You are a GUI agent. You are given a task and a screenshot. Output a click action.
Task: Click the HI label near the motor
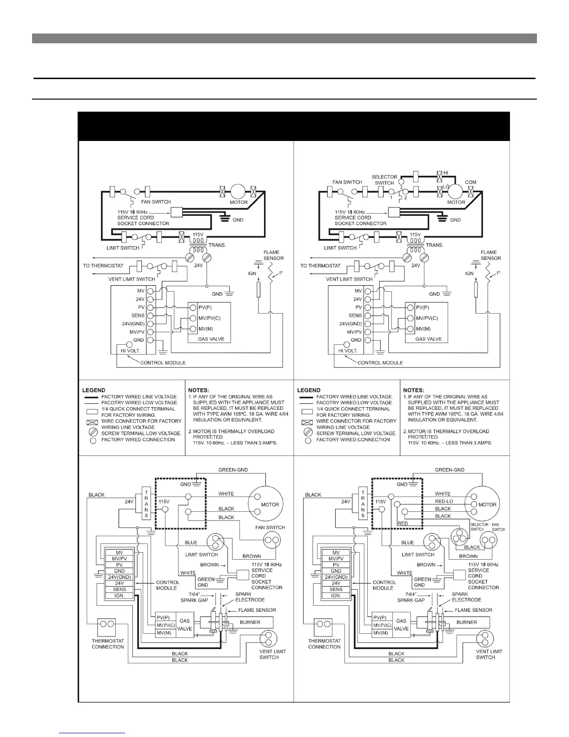click(445, 173)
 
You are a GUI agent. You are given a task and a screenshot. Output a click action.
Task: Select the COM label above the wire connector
click(470, 182)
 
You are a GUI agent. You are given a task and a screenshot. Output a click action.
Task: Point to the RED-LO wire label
click(444, 501)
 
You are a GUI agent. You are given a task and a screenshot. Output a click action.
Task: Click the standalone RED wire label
click(404, 523)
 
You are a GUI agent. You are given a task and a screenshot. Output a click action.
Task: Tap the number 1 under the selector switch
click(391, 198)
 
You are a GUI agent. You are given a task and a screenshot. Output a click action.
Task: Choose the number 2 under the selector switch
click(405, 198)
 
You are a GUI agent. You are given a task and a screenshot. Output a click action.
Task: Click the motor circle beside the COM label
click(456, 191)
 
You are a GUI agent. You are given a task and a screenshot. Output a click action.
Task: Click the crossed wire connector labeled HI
click(439, 177)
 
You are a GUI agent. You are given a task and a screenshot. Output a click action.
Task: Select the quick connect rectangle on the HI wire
click(416, 177)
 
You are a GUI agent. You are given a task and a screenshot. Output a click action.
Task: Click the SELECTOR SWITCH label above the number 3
click(384, 180)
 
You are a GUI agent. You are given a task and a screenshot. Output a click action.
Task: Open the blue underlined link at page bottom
click(93, 733)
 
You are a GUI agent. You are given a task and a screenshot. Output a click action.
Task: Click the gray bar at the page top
click(284, 38)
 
